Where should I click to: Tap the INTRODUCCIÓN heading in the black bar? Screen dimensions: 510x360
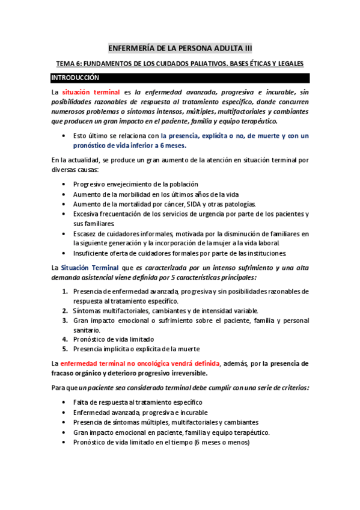[x=75, y=78]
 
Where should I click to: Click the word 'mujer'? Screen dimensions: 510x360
[x=228, y=243]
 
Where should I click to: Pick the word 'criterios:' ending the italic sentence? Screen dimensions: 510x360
[x=292, y=387]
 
